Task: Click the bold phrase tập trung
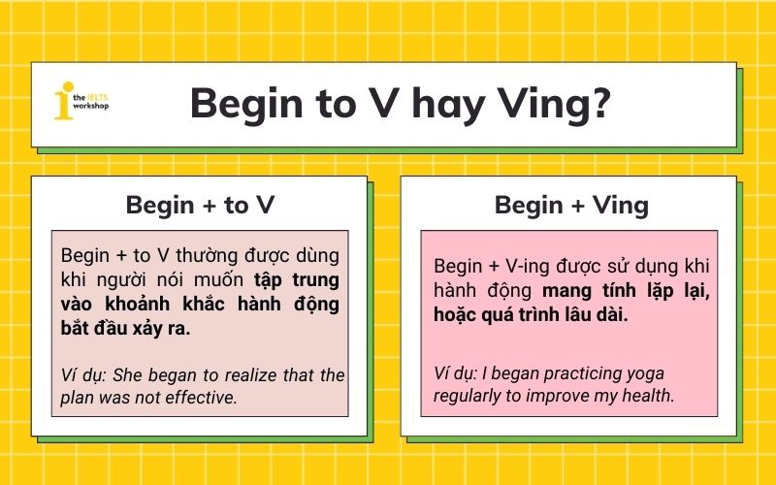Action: pos(297,280)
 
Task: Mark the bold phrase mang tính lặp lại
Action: pos(626,290)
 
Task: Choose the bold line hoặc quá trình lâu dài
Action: pos(531,314)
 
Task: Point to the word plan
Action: pos(78,398)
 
